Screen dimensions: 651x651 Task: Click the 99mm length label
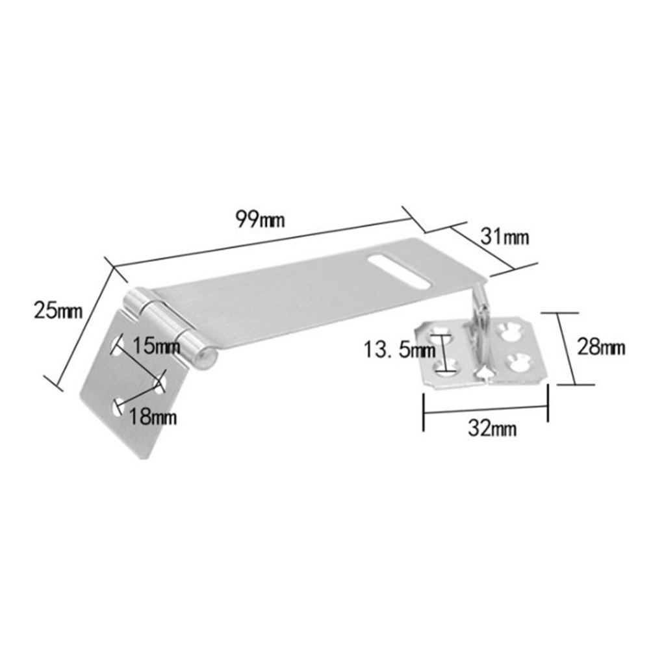[261, 219]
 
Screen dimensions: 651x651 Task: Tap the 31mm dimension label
[505, 237]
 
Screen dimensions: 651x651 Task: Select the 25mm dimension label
[58, 310]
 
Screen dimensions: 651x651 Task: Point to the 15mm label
[156, 346]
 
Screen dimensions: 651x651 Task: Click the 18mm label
[153, 416]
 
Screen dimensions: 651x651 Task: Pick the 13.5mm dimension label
[400, 350]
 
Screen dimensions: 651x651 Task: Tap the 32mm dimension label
[492, 428]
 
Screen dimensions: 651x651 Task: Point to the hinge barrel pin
[170, 329]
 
